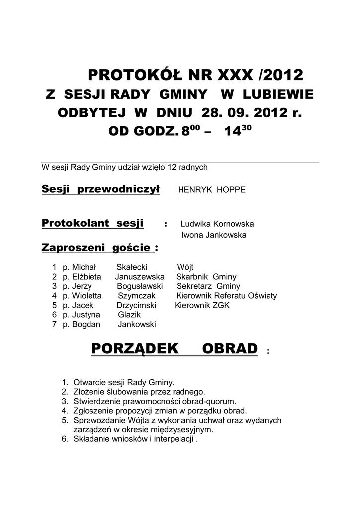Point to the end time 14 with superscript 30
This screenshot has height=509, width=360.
coord(236,132)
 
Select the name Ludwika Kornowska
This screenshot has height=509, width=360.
coord(217,224)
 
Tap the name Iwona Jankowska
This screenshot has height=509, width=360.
coord(213,235)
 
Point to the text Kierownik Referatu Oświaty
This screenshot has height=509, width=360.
coord(227,296)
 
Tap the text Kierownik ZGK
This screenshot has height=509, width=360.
coord(202,305)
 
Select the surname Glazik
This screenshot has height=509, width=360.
coord(129,315)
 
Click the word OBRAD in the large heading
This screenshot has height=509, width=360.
coord(230,349)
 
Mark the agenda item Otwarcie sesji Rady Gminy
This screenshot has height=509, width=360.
coord(124,383)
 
